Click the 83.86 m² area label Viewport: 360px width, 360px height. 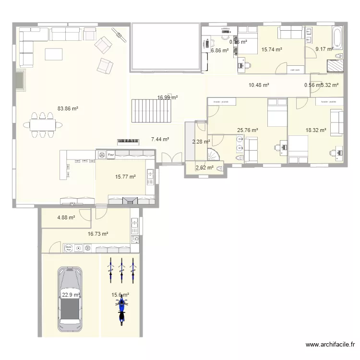tap(68, 108)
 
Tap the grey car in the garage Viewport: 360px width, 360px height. tap(70, 299)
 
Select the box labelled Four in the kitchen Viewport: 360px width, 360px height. tap(111, 155)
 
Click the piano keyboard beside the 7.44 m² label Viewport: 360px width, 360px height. tap(128, 141)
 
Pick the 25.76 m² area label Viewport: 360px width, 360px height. tap(248, 130)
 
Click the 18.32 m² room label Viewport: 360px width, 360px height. tap(316, 130)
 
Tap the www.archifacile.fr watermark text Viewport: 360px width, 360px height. tap(331, 345)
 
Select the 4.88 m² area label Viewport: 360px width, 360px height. tap(66, 217)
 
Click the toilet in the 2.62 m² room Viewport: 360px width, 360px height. tap(220, 168)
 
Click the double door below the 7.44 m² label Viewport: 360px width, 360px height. tap(171, 158)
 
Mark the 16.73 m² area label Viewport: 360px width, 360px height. tap(97, 234)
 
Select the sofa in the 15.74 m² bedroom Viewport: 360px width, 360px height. tap(290, 33)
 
